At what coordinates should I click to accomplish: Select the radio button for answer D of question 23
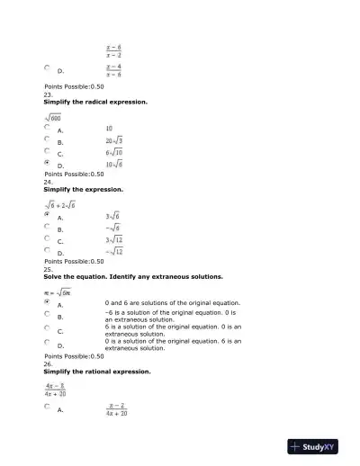[47, 164]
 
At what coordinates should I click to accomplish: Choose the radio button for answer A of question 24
[47, 215]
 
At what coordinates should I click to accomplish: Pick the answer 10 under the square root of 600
[109, 129]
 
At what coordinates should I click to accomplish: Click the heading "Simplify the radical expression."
[95, 102]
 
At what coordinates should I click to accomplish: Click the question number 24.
[49, 182]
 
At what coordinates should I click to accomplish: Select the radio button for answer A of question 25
[47, 303]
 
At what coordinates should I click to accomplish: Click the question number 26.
[49, 363]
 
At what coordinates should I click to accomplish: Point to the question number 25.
[49, 268]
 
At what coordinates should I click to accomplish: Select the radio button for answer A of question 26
[47, 407]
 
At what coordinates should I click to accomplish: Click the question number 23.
[49, 94]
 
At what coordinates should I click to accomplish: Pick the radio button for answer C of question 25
[47, 328]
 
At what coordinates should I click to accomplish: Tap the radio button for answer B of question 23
[47, 140]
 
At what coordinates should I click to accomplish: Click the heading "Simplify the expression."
[84, 190]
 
